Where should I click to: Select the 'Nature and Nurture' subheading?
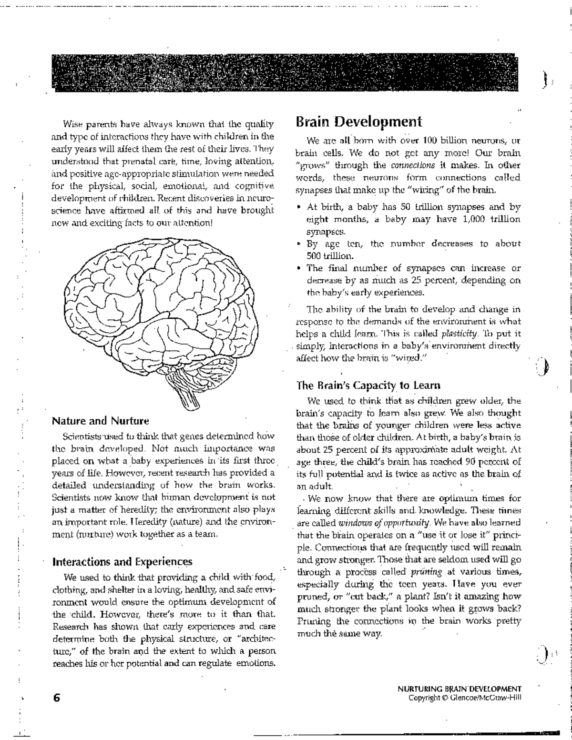tap(100, 421)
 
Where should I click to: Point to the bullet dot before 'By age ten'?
tap(298, 243)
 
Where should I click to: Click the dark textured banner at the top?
tap(285, 73)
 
